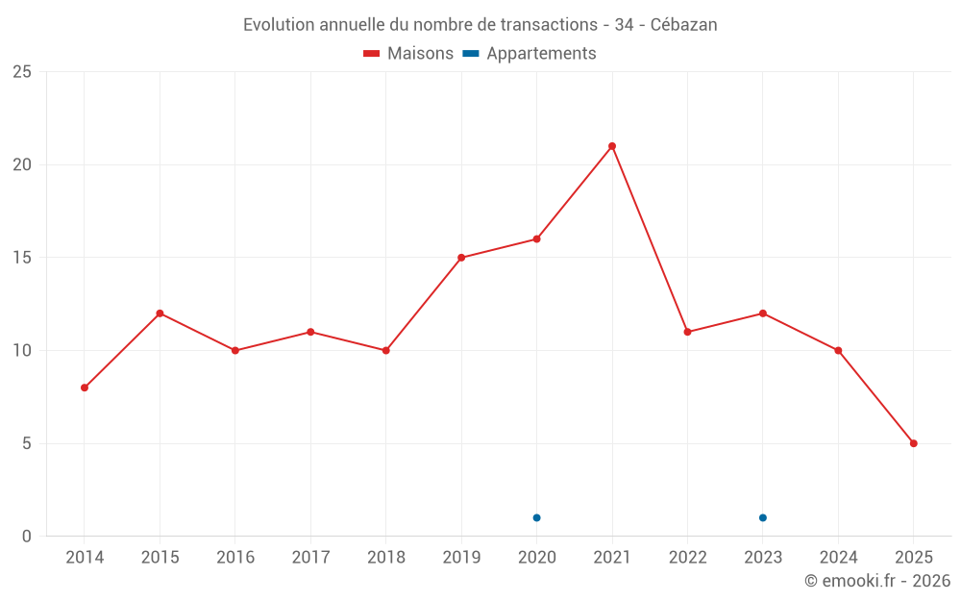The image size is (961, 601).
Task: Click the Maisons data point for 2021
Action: click(x=612, y=146)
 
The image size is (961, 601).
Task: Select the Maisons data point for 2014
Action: click(x=85, y=388)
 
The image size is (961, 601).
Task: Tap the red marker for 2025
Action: click(x=914, y=443)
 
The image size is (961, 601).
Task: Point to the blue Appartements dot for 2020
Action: click(x=536, y=517)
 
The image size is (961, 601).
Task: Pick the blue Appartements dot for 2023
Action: click(x=763, y=517)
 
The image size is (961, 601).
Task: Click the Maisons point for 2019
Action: click(x=461, y=258)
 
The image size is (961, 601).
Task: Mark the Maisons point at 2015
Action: click(x=160, y=313)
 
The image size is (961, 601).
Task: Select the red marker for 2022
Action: click(x=687, y=332)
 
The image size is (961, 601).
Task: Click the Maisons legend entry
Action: click(x=408, y=54)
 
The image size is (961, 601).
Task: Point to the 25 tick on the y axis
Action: click(x=22, y=72)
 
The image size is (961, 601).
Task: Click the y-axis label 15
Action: click(x=22, y=258)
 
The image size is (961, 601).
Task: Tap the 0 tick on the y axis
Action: click(x=27, y=537)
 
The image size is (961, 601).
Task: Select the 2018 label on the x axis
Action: click(x=385, y=558)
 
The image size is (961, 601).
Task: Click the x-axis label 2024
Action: click(x=838, y=558)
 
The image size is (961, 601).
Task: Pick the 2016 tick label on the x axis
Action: click(x=235, y=558)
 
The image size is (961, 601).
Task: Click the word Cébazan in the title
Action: click(x=683, y=25)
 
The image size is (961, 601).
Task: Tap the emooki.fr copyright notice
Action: click(x=876, y=581)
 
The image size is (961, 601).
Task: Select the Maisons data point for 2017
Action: click(x=310, y=332)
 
